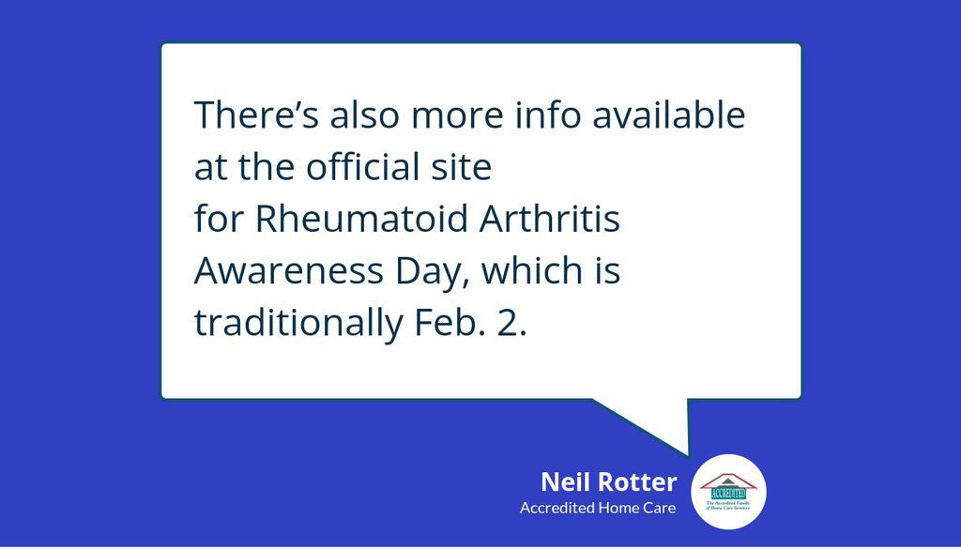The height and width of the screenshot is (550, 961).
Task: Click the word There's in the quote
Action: (x=248, y=115)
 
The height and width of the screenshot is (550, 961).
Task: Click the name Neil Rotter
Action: (x=608, y=482)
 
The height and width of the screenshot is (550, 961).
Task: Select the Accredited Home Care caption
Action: (x=598, y=509)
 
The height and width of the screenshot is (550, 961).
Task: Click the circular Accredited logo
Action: (x=729, y=492)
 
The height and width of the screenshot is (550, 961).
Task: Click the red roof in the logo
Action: (x=729, y=479)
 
